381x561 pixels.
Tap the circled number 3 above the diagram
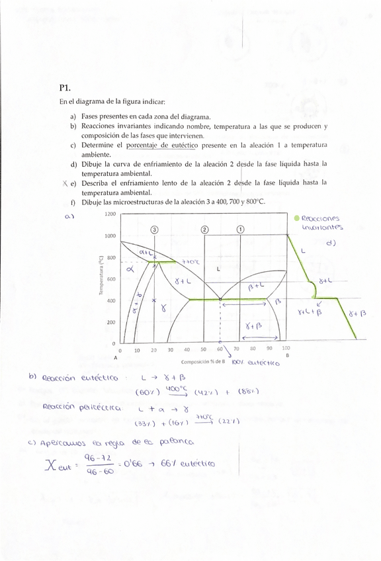pos(154,230)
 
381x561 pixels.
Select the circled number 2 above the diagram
pos(205,230)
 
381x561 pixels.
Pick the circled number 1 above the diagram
pos(239,230)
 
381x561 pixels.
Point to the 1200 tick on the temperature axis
pos(110,214)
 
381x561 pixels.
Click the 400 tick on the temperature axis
pos(112,300)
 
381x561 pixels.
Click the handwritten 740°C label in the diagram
pos(191,263)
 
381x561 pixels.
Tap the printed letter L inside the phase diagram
pos(218,269)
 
